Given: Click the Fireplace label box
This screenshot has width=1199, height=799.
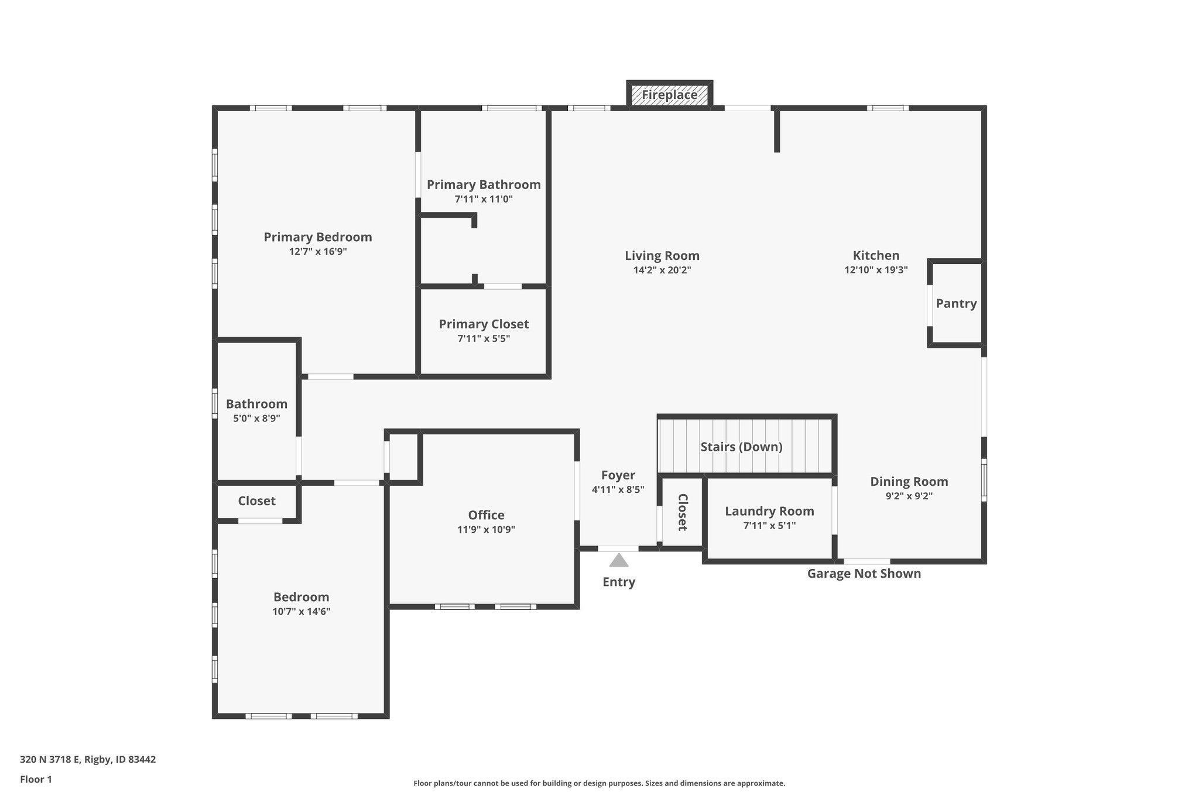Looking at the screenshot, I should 669,95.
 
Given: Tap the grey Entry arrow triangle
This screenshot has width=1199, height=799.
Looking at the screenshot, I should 618,561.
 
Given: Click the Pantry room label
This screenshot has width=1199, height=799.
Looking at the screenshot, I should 956,303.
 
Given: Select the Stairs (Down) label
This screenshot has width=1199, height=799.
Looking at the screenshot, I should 741,447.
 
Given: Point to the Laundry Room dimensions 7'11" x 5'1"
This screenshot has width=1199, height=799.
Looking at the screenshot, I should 769,526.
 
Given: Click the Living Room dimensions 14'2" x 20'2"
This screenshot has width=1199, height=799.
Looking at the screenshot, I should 662,270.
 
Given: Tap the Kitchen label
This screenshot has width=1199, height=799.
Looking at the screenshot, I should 876,255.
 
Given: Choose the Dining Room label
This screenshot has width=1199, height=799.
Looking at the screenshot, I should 909,481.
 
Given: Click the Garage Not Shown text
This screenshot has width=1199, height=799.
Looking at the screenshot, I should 864,574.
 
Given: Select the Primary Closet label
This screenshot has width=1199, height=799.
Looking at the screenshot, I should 484,324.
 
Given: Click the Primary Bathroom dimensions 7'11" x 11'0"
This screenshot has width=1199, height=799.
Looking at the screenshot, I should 484,199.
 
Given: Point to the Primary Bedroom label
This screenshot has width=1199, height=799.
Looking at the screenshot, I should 317,237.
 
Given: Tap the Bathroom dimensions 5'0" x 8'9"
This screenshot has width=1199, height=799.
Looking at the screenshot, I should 256,419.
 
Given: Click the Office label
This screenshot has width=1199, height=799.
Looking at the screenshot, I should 486,515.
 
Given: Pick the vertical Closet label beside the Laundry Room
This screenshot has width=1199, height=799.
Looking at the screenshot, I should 682,512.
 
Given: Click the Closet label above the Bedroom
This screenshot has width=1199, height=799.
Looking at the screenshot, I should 256,500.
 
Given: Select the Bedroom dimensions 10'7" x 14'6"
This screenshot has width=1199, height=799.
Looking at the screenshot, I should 301,612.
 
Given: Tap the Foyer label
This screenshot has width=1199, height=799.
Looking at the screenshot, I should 618,475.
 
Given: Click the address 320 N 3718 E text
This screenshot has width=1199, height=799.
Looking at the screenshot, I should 88,760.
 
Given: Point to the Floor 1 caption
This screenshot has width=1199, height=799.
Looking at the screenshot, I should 36,779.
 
